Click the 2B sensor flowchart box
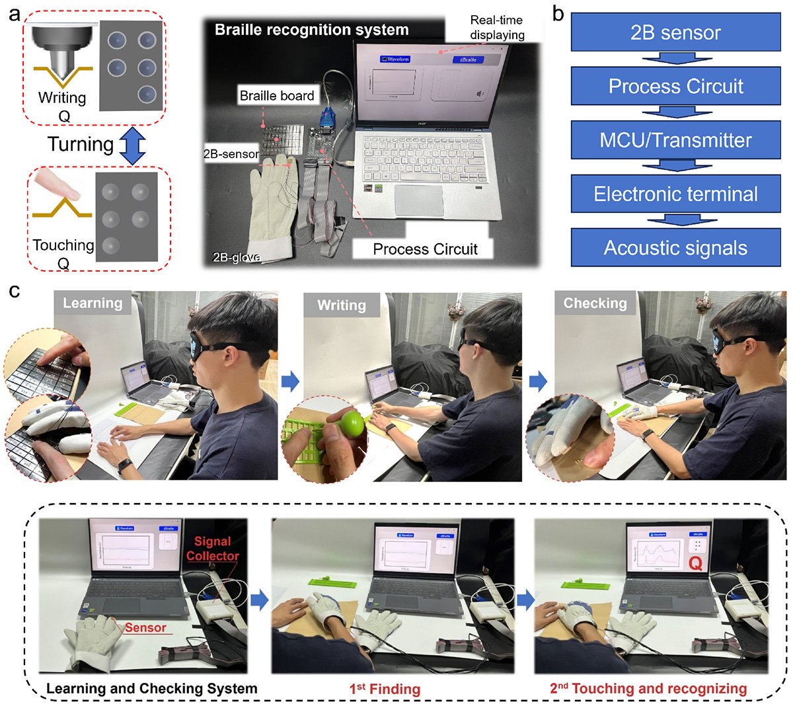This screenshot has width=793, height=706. [675, 32]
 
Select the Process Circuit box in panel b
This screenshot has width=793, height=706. [675, 86]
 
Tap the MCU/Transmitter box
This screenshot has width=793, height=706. [675, 140]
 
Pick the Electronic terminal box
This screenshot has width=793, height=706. [675, 194]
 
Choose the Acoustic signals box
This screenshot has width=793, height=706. [675, 248]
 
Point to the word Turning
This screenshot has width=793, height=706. [81, 144]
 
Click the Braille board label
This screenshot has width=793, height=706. [277, 96]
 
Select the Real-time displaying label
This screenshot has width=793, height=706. [497, 27]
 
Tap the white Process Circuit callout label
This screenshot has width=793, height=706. [425, 249]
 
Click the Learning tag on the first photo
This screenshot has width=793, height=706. [93, 303]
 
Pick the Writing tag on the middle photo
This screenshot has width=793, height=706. [341, 305]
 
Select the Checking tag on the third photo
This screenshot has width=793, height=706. [595, 303]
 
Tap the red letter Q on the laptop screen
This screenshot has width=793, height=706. [695, 563]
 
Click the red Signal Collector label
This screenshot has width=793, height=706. [212, 549]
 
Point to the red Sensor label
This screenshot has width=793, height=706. [145, 627]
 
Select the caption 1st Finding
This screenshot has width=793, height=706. [385, 689]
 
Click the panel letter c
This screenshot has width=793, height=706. [14, 290]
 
